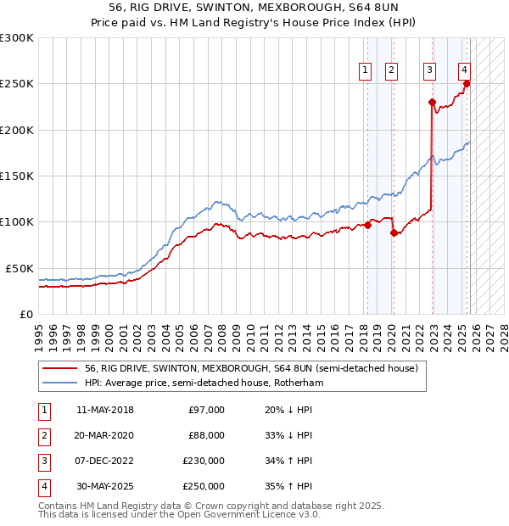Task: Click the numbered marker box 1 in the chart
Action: pyautogui.click(x=365, y=70)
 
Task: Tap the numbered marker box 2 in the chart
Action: pyautogui.click(x=391, y=70)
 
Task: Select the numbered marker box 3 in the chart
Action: pyautogui.click(x=430, y=70)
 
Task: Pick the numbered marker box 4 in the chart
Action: pyautogui.click(x=465, y=70)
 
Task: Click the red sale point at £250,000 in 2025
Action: pyautogui.click(x=467, y=84)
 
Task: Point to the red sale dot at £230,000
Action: pyautogui.click(x=432, y=102)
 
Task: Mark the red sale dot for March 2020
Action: pyautogui.click(x=394, y=232)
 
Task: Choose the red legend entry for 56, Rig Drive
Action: pyautogui.click(x=251, y=369)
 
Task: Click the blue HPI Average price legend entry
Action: pyautogui.click(x=204, y=383)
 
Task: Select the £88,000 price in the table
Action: pyautogui.click(x=206, y=435)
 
